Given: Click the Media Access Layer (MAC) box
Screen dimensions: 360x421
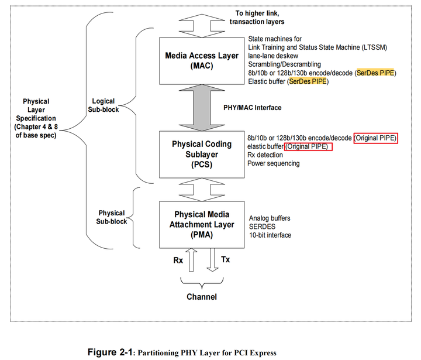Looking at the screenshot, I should coord(202,60).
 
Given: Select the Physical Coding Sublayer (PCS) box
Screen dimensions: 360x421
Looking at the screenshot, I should coord(202,154).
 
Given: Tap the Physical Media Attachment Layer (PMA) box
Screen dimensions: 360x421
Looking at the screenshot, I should coord(202,224).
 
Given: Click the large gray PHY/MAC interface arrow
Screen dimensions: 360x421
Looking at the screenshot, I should coord(202,108).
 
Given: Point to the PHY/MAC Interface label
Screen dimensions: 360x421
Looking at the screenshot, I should coord(253,107).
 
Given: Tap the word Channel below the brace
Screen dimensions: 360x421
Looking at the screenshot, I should coord(202,297).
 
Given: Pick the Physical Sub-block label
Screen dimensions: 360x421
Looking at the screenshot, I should coord(112,217).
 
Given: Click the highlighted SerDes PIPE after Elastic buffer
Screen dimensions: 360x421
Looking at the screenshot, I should coord(308,81).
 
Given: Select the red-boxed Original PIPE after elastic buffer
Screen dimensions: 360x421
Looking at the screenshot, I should coord(308,146).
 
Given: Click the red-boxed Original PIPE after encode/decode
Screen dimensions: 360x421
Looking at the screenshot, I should coord(375,138).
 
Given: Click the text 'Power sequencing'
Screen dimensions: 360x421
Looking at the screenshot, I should coord(274,163).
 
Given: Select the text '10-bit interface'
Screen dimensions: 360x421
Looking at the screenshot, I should coord(270,235).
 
